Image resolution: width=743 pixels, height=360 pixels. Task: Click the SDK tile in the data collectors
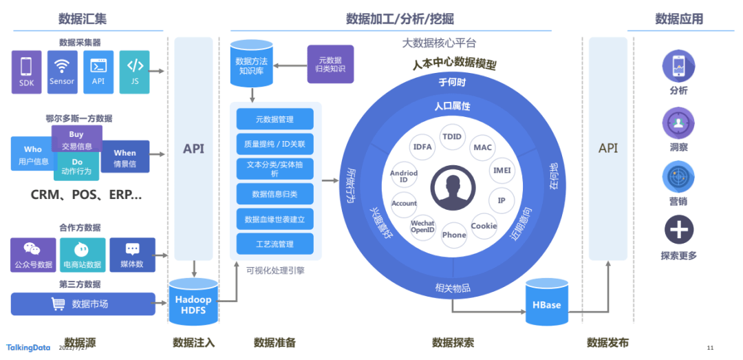[x=26, y=72]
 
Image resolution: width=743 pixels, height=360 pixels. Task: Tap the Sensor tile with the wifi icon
[x=62, y=72]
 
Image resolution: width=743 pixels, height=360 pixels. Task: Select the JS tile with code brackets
[x=134, y=72]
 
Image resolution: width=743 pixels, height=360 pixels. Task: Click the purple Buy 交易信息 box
[x=76, y=140]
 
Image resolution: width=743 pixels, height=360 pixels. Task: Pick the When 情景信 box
[x=125, y=158]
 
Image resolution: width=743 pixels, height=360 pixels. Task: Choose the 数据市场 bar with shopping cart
[x=83, y=304]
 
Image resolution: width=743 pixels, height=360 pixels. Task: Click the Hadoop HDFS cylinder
[x=193, y=301]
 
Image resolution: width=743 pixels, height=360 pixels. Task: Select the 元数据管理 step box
[x=274, y=119]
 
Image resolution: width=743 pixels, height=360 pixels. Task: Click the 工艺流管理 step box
[x=274, y=244]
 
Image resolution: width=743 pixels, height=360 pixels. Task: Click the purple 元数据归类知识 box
[x=330, y=65]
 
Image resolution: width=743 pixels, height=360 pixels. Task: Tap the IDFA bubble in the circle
[x=422, y=146]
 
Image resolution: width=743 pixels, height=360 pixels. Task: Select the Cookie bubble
[x=484, y=226]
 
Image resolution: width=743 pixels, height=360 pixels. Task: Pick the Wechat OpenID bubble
[x=422, y=226]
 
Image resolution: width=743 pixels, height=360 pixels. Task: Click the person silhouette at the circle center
[x=453, y=191]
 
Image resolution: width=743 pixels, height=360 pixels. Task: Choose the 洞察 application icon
[x=678, y=124]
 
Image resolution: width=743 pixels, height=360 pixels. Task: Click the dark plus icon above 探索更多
[x=678, y=229]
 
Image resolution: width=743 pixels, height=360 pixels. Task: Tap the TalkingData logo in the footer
[x=28, y=348]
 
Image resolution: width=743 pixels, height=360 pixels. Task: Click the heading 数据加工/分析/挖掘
[x=399, y=19]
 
